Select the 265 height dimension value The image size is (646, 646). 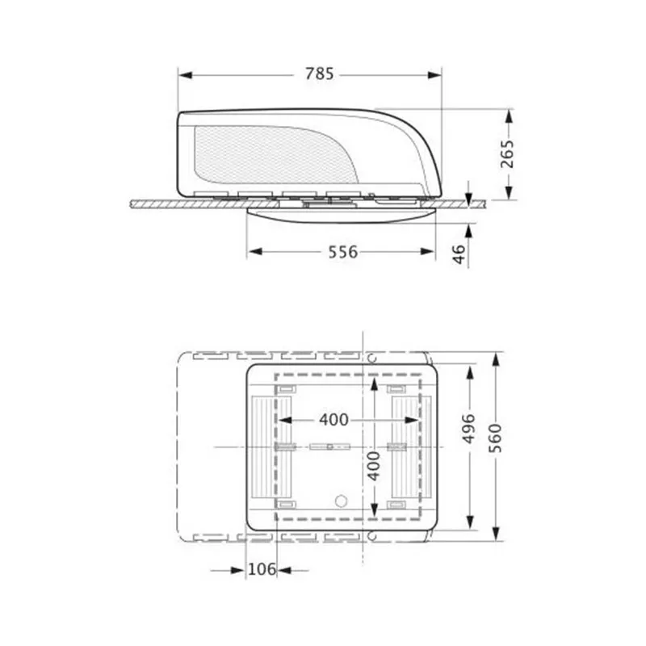[x=507, y=153]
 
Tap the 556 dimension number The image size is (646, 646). [x=342, y=252]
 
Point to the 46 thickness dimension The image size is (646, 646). [x=459, y=254]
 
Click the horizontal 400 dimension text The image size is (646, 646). [x=333, y=420]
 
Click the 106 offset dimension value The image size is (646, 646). [x=261, y=570]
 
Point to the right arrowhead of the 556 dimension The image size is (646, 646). [x=430, y=252]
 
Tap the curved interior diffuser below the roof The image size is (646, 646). [x=343, y=216]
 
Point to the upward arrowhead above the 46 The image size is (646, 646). [x=470, y=225]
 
